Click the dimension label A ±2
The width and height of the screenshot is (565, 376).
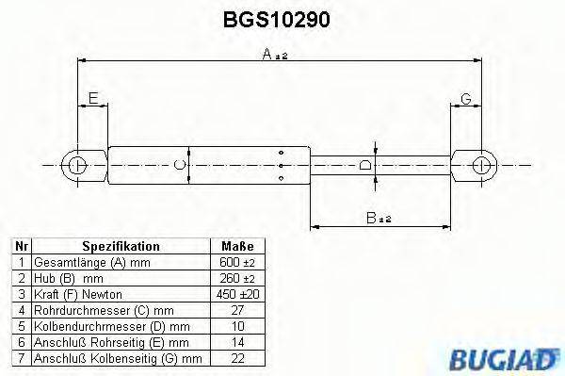[274, 56]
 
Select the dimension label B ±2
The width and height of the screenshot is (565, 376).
[379, 219]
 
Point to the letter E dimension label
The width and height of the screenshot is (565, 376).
[92, 98]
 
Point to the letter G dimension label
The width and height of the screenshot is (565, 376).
[466, 98]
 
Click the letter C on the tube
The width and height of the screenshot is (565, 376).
[181, 165]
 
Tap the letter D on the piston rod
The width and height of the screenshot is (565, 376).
[366, 166]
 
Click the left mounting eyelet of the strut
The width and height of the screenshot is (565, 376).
[78, 166]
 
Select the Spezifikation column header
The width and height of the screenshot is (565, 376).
[121, 246]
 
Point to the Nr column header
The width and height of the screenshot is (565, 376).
[21, 246]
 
